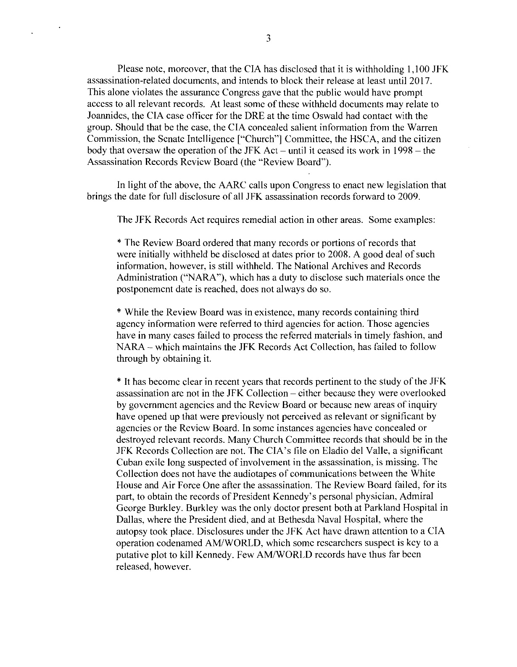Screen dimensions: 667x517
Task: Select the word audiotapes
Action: pos(200,474)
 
